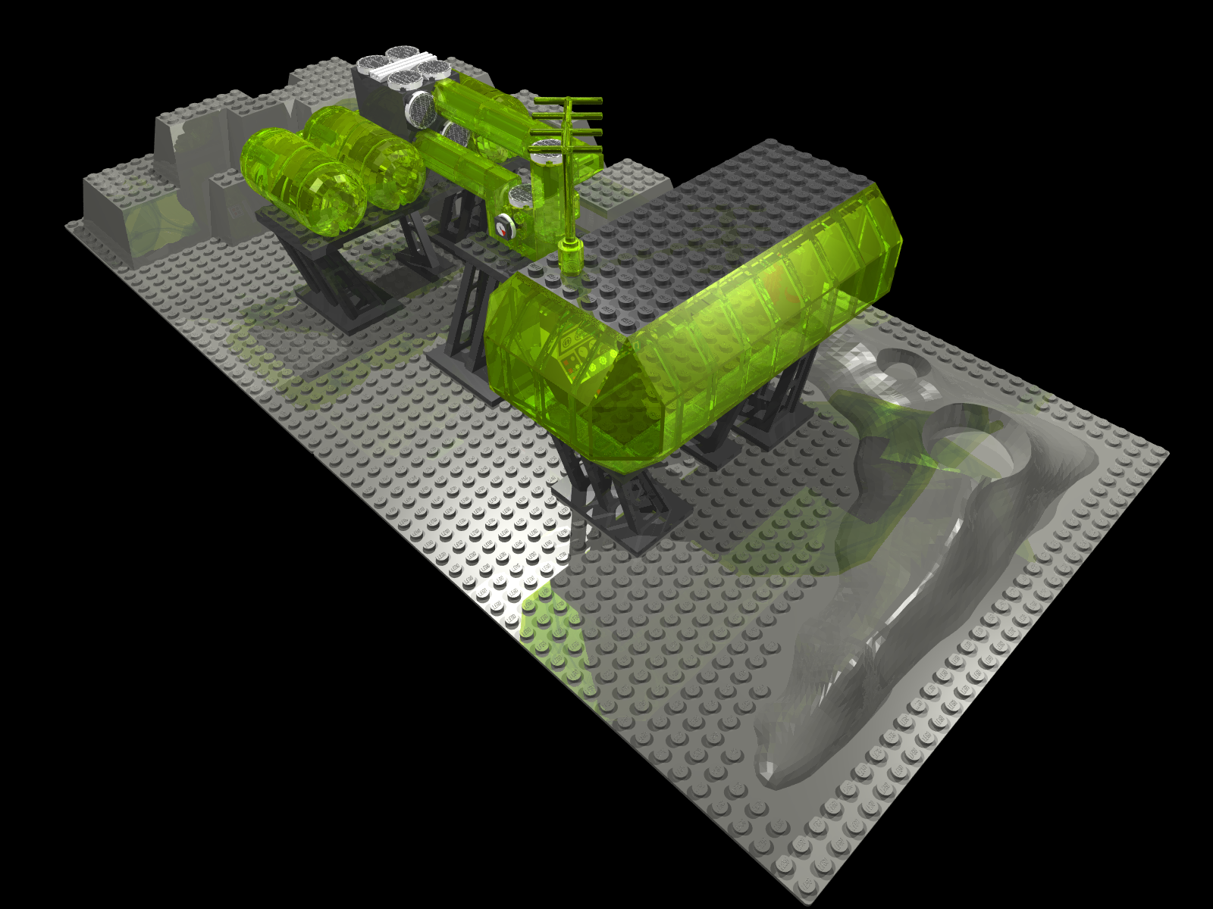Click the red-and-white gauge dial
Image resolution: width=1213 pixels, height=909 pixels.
point(503,225)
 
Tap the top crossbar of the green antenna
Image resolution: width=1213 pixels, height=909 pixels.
point(569,101)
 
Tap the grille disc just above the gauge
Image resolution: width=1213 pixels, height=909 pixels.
point(522,196)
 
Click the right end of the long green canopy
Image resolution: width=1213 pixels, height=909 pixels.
point(872,242)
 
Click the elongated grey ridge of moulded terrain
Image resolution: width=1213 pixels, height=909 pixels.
point(872,644)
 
